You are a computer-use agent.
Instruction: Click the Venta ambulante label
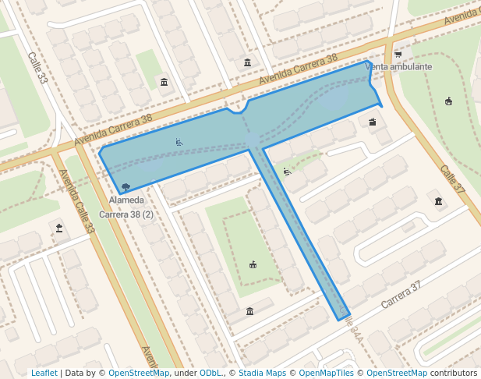tap(398, 67)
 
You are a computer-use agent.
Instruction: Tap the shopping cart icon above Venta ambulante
tap(398, 55)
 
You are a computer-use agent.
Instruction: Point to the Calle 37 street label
tap(451, 179)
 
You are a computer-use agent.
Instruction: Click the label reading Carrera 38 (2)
tap(126, 214)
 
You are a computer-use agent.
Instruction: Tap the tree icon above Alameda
tap(126, 187)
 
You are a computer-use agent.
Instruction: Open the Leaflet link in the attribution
tap(44, 373)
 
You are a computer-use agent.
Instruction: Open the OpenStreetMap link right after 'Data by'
tap(139, 373)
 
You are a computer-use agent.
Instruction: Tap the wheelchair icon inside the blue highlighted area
tap(179, 142)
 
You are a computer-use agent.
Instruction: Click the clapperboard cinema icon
tap(373, 122)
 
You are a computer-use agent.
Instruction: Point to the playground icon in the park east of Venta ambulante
tap(448, 101)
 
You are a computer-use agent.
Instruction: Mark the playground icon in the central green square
tap(253, 265)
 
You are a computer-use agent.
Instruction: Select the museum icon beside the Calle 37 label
tap(439, 202)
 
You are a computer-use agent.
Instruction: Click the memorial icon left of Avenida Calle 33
tap(58, 228)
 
